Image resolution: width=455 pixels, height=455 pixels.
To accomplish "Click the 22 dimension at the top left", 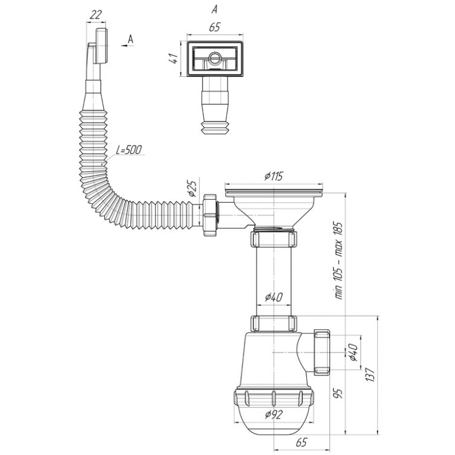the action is (x=96, y=15).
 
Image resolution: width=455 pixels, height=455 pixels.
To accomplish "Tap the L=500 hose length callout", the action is (x=129, y=150).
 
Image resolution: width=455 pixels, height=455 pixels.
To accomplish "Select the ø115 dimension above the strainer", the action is (x=274, y=176).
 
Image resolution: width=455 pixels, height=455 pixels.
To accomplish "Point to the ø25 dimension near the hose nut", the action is (x=192, y=189).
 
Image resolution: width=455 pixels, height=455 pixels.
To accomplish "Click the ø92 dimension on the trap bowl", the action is (x=274, y=414).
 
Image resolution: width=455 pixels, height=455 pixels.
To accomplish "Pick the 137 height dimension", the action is (x=371, y=375).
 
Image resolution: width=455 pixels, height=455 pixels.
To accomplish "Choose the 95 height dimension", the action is (x=339, y=393).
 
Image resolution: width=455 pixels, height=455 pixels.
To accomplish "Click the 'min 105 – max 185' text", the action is (x=339, y=261).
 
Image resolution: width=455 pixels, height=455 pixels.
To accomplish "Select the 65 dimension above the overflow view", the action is (x=215, y=27).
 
